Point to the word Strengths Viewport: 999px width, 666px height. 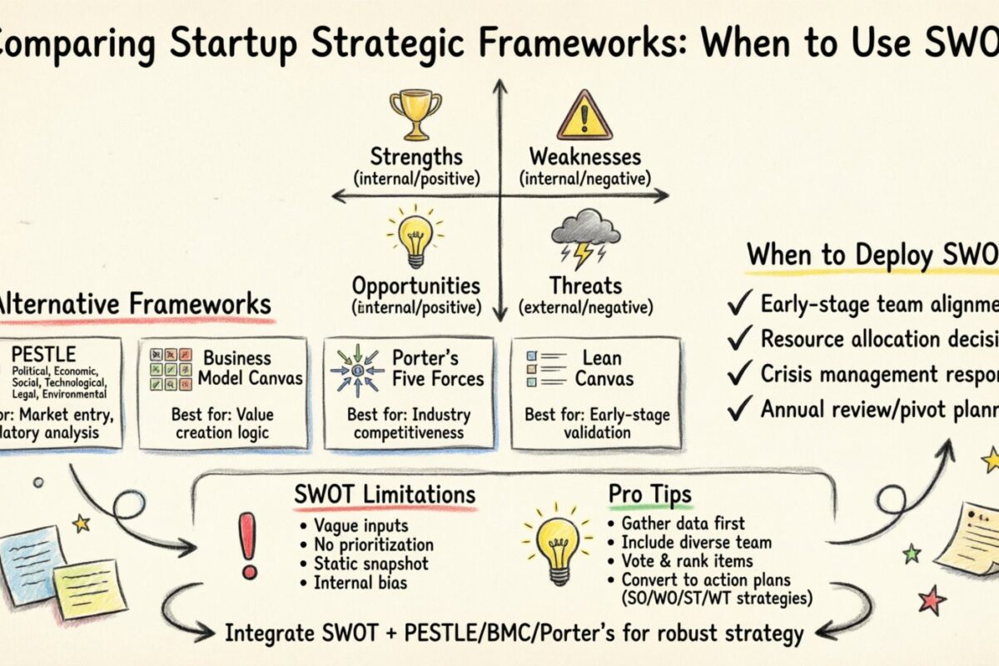point(416,157)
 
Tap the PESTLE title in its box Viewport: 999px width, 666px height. point(55,354)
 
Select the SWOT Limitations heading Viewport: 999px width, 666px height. point(385,494)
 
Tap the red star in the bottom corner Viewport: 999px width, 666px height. point(932,599)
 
